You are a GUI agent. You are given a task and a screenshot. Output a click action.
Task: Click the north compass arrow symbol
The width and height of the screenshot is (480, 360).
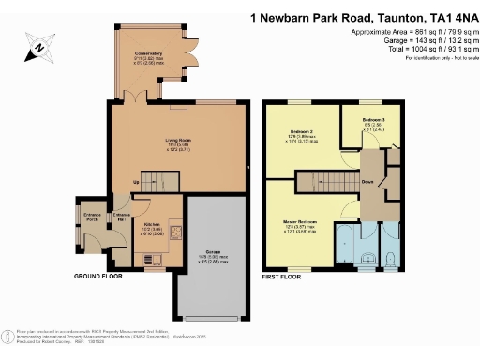click(x=36, y=45)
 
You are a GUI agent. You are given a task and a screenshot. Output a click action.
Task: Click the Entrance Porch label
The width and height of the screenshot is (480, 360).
click(x=92, y=218)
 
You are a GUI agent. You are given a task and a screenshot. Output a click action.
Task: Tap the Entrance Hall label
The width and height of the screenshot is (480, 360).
click(x=121, y=217)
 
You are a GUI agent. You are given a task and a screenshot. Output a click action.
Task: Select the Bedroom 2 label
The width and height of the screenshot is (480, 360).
click(x=301, y=130)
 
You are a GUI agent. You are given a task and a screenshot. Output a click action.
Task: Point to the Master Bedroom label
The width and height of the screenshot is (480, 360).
click(x=302, y=222)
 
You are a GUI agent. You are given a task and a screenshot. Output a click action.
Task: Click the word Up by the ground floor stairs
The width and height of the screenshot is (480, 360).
click(x=136, y=182)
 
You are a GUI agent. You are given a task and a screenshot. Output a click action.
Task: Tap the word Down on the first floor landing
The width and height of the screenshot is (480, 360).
click(x=368, y=181)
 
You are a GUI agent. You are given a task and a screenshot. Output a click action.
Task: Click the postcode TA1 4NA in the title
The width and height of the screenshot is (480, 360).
click(x=449, y=16)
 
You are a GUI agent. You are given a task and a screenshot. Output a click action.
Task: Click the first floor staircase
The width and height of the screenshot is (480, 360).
click(x=328, y=182)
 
